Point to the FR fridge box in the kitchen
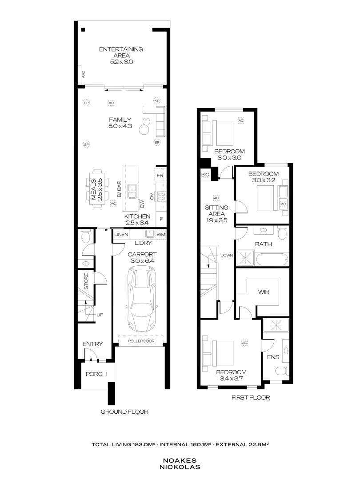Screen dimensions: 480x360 point(161,176)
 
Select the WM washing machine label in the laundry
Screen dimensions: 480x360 point(161,234)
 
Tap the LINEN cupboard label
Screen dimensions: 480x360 point(121,234)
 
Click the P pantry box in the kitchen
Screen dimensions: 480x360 point(161,219)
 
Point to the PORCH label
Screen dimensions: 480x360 point(96,374)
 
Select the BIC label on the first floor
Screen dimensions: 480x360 point(205,175)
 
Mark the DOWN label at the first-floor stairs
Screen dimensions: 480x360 point(227,256)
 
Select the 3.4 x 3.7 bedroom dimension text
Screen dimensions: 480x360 point(231,379)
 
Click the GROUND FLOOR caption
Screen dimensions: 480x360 point(124,412)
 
